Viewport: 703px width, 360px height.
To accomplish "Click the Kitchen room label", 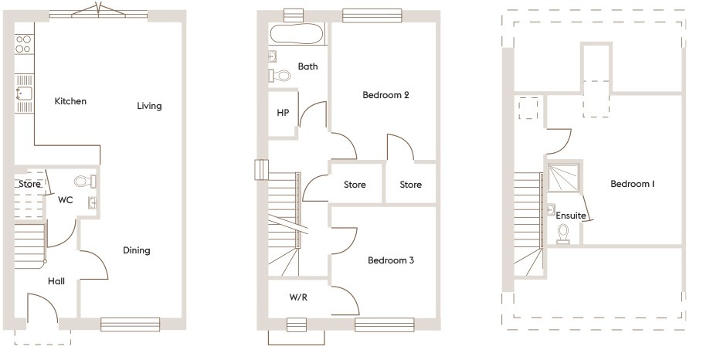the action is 70,101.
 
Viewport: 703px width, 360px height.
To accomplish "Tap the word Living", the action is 149,107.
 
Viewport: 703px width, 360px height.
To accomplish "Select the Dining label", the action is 136,250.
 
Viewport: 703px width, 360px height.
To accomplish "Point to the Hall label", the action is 56,281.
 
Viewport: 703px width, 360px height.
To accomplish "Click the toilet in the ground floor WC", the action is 85,181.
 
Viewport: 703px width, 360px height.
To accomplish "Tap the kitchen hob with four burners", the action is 23,44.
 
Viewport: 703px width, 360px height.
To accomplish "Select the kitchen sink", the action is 24,93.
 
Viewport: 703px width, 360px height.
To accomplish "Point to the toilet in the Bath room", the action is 280,75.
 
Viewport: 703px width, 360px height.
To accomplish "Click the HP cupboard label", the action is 283,113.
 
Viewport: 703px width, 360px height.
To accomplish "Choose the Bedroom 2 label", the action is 385,95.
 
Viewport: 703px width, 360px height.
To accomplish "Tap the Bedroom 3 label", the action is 390,260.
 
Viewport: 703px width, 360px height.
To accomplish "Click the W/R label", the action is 298,297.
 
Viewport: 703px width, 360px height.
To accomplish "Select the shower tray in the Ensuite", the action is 564,179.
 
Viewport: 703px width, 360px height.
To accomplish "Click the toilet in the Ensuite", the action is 563,234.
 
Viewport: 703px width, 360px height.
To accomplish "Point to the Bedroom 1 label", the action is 633,184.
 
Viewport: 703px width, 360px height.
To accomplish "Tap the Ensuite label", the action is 571,216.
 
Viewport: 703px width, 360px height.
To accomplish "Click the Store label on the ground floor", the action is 29,184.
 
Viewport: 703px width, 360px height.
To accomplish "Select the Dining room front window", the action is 130,324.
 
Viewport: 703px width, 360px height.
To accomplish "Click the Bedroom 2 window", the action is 372,15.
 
